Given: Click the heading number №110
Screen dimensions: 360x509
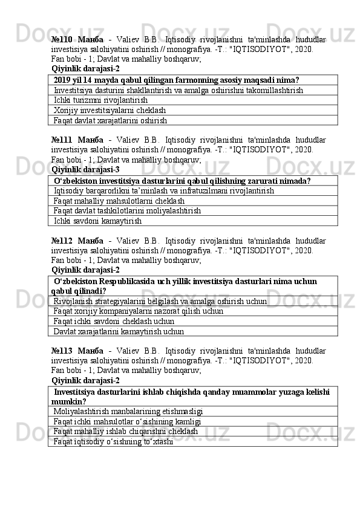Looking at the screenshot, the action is [x=63, y=39].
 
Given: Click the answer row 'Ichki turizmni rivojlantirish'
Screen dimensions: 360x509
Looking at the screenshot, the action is [x=100, y=100].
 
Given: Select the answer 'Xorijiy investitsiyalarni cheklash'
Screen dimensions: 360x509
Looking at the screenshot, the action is [x=110, y=111].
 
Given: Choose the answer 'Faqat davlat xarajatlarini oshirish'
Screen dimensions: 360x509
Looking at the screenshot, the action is [x=110, y=121].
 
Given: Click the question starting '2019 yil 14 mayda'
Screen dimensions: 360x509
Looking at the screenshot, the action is [x=176, y=80].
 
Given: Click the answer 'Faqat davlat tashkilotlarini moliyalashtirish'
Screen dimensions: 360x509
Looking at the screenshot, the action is [x=128, y=212].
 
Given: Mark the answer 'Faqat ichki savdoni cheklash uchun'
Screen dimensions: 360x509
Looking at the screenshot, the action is [x=114, y=321].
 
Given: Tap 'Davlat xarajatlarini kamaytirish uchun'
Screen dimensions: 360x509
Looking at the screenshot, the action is [x=119, y=331].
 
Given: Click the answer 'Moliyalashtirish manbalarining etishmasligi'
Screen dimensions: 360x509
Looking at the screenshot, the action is [x=128, y=412].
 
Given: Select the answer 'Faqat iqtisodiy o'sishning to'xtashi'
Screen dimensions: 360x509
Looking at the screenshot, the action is [x=113, y=442].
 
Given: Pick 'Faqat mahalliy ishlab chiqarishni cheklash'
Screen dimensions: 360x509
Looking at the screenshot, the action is [x=126, y=432].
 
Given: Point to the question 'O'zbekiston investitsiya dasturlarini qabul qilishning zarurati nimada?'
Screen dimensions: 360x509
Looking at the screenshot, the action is [x=183, y=181].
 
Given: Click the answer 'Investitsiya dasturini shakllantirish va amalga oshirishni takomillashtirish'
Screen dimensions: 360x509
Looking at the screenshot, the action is [x=178, y=90].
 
